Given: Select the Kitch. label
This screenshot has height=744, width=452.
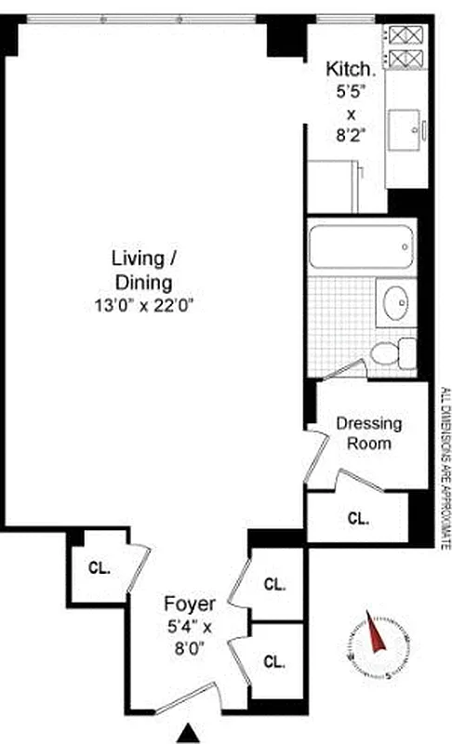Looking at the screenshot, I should point(351,69).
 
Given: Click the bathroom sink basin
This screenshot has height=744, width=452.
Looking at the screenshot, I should point(395,303).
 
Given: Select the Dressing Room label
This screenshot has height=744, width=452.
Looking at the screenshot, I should point(368,432).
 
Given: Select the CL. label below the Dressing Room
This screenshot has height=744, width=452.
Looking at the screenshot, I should point(358,518).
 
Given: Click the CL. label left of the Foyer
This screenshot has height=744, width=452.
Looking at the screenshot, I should point(100,567).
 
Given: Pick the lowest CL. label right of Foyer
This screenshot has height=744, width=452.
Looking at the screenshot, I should point(273,662).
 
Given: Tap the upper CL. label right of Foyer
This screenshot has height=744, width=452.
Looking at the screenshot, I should point(273,585).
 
